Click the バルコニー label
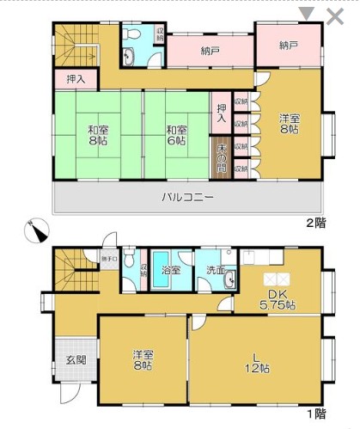coord(187,197)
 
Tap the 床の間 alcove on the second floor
coord(222,156)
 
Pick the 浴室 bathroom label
coord(172,270)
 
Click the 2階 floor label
coord(316,223)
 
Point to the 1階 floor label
coord(316,414)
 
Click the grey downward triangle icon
coord(307,14)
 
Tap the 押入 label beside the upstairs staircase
coord(76,79)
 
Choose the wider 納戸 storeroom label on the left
coord(211,52)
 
